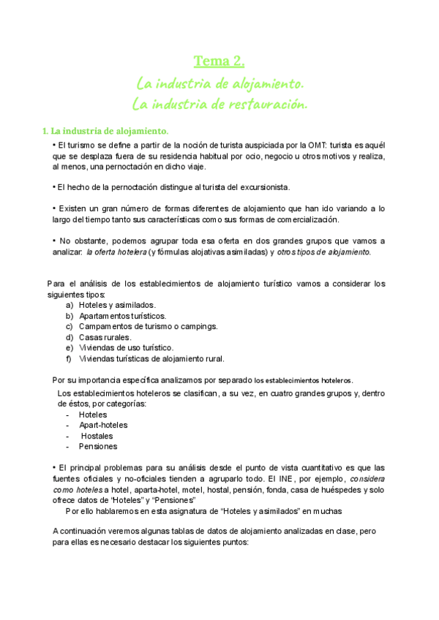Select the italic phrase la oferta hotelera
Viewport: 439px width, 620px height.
pos(116,252)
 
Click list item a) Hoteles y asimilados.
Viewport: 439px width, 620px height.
pos(117,304)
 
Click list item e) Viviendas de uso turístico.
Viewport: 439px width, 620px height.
pos(126,348)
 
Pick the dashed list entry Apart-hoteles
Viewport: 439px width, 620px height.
pos(103,425)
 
